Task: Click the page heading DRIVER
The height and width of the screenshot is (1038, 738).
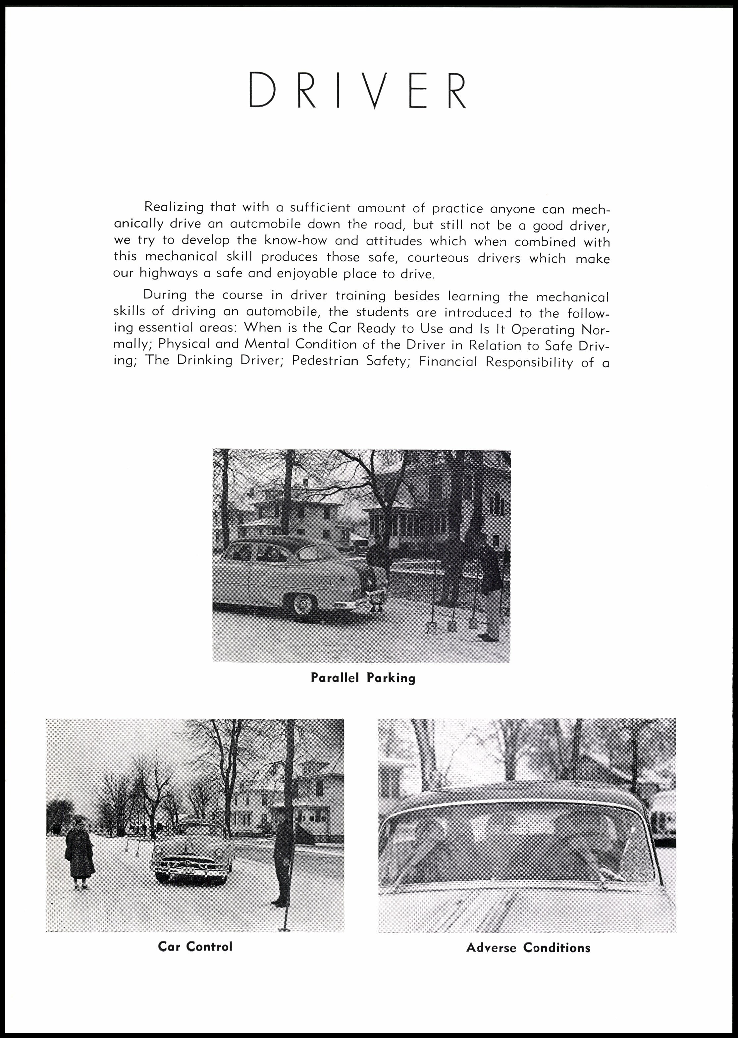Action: click(358, 91)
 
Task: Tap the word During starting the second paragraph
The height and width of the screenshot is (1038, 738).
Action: click(165, 295)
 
